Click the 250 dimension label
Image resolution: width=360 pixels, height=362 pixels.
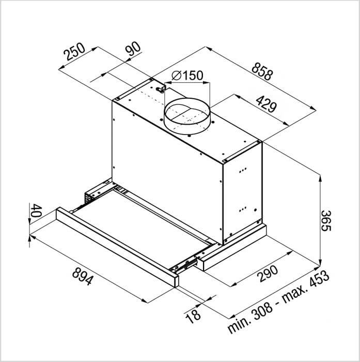coord(74,52)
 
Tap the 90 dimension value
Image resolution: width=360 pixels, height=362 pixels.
coord(133,49)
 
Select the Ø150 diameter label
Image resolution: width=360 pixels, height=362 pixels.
coord(187,76)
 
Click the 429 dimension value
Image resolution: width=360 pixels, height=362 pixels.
coord(266,104)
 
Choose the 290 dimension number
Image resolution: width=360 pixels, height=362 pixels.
coord(268,274)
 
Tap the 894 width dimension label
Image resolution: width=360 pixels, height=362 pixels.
coord(83,276)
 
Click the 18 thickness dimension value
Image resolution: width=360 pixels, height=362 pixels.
coord(193,316)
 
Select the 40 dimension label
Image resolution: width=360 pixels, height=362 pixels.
coord(37,210)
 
